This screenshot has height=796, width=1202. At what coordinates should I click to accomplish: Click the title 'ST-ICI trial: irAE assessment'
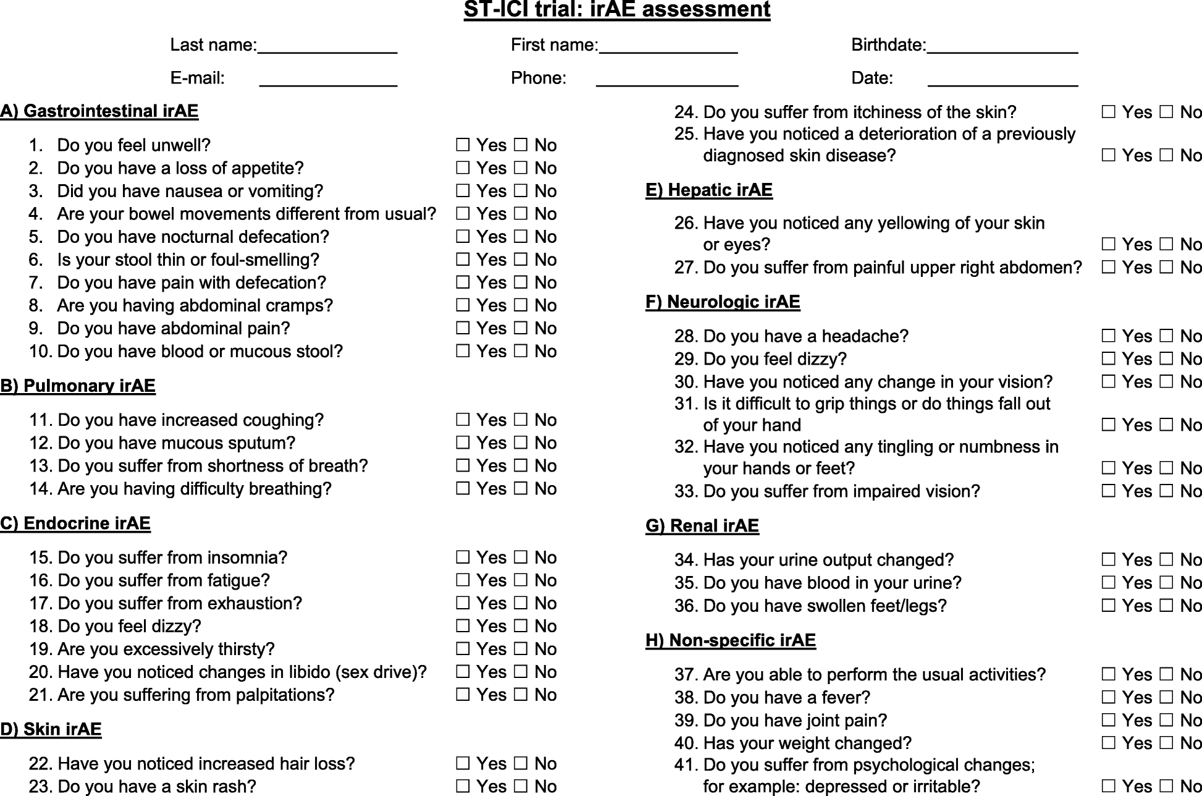[616, 10]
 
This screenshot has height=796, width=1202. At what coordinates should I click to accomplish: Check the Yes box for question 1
[463, 145]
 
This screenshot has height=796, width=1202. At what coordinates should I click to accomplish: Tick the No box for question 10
[521, 351]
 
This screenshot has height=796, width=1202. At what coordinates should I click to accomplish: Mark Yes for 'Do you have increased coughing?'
[463, 420]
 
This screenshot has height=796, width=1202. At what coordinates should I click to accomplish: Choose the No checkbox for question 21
[521, 695]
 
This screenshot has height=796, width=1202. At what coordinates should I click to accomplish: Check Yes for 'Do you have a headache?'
[1109, 336]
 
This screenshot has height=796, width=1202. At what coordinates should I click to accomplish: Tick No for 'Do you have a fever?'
[1166, 697]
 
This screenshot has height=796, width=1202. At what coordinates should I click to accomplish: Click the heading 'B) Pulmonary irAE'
[78, 386]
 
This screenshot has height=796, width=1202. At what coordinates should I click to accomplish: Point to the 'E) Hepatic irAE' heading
[708, 190]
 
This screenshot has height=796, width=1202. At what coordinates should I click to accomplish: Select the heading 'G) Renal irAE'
[702, 526]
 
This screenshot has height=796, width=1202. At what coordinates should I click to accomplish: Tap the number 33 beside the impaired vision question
[685, 491]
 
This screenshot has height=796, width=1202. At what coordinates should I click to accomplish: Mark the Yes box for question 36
[1109, 606]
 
